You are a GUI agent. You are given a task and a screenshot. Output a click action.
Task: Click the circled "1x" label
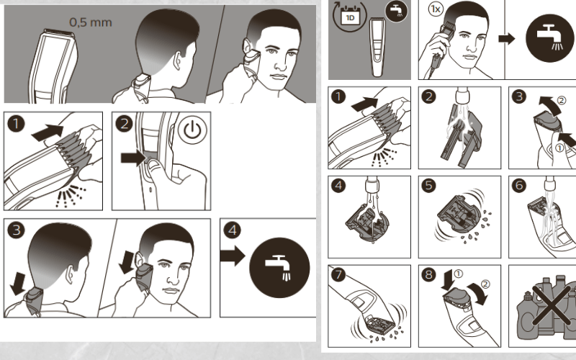tap(434, 10)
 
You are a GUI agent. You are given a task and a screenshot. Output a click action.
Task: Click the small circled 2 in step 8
tap(485, 284)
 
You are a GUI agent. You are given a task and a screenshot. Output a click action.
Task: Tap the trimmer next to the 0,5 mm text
tap(53, 61)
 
